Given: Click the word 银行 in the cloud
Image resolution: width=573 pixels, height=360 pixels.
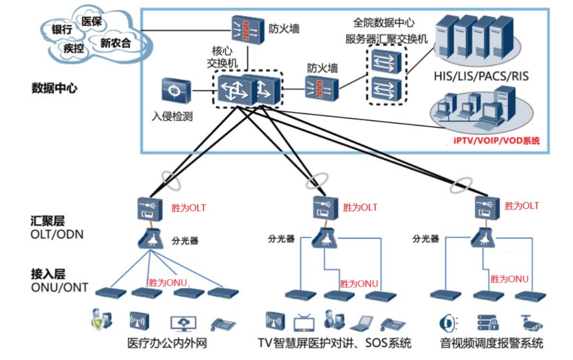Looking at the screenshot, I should tap(62, 30).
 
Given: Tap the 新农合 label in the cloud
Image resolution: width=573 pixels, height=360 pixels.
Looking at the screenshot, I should tap(115, 43).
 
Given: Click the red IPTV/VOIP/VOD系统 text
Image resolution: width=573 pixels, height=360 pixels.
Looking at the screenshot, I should tap(497, 141).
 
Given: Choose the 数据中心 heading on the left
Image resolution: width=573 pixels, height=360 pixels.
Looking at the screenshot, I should tap(54, 88).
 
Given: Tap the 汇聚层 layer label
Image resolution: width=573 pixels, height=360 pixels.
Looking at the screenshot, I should tap(48, 221).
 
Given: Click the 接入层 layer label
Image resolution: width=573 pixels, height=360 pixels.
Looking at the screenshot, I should tap(48, 275).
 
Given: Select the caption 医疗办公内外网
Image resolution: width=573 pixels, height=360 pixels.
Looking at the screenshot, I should tap(167, 343).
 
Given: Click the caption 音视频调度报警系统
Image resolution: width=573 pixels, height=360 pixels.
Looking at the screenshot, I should tap(491, 343).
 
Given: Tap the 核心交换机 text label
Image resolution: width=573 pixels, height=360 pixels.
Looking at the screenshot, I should tap(222, 58).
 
